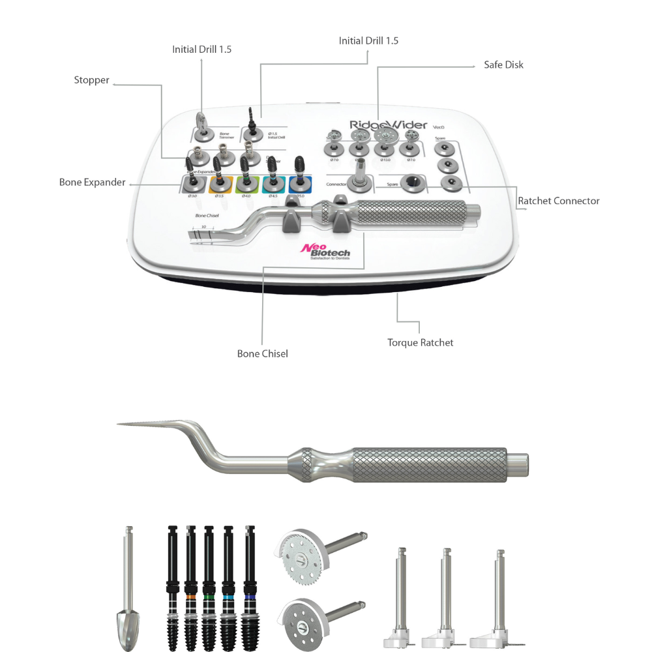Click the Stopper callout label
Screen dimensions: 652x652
91,80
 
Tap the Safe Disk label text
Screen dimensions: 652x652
503,65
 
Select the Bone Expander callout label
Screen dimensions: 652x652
92,182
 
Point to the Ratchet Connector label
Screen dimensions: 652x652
558,201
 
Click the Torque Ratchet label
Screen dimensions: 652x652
420,342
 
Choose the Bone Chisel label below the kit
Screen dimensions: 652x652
262,353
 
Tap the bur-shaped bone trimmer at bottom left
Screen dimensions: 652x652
129,587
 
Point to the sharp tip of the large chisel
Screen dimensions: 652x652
121,424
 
